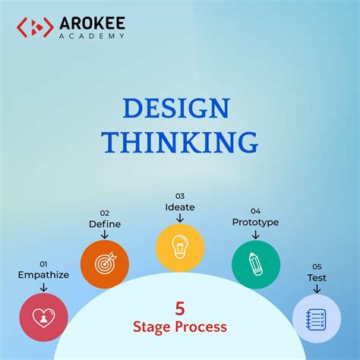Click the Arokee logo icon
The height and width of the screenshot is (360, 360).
tap(34, 28)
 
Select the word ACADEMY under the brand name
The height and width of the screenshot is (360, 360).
tap(92, 36)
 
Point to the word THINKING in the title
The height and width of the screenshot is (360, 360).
tap(180, 141)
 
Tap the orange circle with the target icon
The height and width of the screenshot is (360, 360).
tap(104, 264)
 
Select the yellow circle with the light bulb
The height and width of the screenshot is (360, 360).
tap(180, 248)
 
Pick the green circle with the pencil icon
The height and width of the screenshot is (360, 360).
tap(256, 264)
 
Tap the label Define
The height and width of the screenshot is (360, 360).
tap(104, 224)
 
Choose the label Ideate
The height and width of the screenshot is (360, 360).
tap(180, 206)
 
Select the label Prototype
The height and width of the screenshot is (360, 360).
tap(255, 222)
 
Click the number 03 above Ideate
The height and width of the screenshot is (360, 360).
tap(180, 195)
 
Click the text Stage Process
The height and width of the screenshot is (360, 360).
tap(180, 327)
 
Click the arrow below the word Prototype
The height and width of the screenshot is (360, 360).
tap(256, 233)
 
